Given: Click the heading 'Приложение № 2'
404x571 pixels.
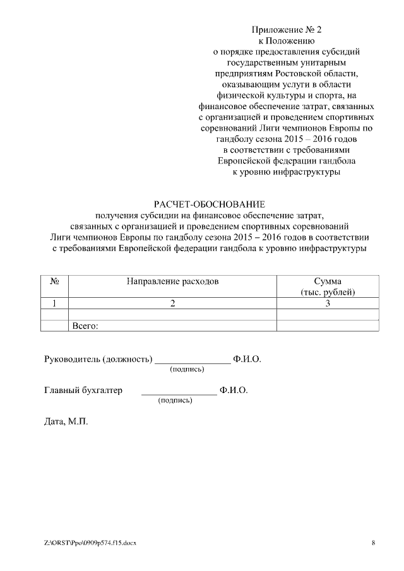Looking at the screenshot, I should [291, 30].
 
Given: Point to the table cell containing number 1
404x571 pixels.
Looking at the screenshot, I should [54, 303].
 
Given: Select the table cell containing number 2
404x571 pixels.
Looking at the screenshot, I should [172, 303].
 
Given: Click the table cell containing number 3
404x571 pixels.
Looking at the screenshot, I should [327, 303].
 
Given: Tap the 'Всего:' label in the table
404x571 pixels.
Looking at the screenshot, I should [87, 326].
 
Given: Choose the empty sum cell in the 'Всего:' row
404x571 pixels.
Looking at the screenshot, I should [327, 326].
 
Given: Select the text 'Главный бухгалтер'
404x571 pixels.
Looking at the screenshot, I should [83, 391].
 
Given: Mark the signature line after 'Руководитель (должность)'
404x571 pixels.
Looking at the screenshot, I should [193, 363].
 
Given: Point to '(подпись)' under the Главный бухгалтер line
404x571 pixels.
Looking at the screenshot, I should [175, 400].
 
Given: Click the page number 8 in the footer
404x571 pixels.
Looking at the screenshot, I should [373, 543].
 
